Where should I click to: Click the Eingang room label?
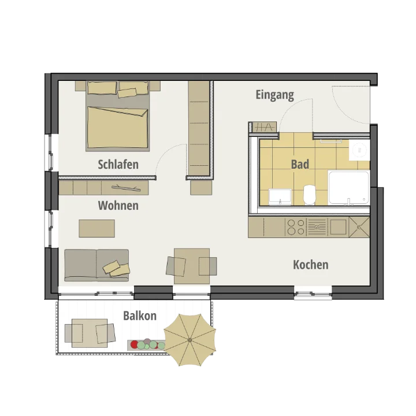pyautogui.click(x=274, y=95)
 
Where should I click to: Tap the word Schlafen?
pyautogui.click(x=118, y=164)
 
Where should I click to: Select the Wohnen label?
pyautogui.click(x=118, y=205)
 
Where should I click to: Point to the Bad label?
pyautogui.click(x=300, y=164)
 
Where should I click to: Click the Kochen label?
pyautogui.click(x=311, y=265)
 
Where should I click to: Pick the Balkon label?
pyautogui.click(x=140, y=315)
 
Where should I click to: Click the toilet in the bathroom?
pyautogui.click(x=309, y=195)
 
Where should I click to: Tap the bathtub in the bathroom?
pyautogui.click(x=348, y=188)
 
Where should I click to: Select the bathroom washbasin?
pyautogui.click(x=280, y=196)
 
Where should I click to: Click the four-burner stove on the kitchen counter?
pyautogui.click(x=296, y=227)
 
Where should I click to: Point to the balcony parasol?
pyautogui.click(x=190, y=340)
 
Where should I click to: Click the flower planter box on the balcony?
pyautogui.click(x=146, y=344)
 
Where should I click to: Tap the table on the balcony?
pyautogui.click(x=90, y=333)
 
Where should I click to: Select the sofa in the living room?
pyautogui.click(x=96, y=265)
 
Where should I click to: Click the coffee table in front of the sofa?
pyautogui.click(x=97, y=228)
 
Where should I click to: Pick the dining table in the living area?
pyautogui.click(x=192, y=266)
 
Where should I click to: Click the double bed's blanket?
pyautogui.click(x=117, y=127)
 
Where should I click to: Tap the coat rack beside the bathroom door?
pyautogui.click(x=264, y=127)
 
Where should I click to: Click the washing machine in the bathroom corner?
pyautogui.click(x=359, y=150)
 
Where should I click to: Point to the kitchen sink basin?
pyautogui.click(x=338, y=227)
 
